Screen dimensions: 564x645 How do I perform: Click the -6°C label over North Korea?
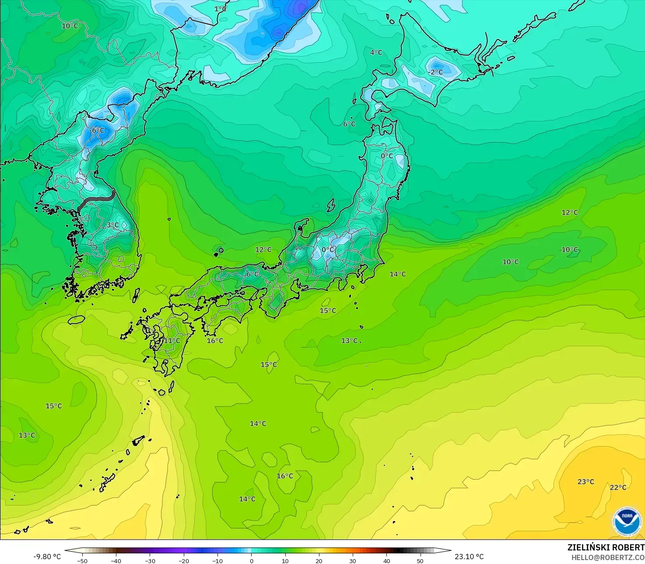(97, 131)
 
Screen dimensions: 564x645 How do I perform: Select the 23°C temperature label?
(585, 482)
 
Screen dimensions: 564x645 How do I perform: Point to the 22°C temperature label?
(618, 488)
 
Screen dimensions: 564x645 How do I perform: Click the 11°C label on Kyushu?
(172, 341)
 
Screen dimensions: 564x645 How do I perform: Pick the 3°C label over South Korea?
(112, 225)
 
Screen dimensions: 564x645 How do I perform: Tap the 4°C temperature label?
(376, 53)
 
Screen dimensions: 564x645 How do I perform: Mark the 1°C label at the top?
(220, 9)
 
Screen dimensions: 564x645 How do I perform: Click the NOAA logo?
(627, 521)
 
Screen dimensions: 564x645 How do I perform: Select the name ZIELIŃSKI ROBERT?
(606, 548)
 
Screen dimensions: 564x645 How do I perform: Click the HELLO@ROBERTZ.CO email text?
(608, 557)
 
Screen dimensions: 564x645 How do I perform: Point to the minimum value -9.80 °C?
(47, 557)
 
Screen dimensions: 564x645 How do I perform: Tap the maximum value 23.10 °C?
(469, 557)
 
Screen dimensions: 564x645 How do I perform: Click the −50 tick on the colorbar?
(82, 560)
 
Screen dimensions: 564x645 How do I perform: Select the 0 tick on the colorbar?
(251, 560)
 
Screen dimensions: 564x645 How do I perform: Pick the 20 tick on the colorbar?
(319, 560)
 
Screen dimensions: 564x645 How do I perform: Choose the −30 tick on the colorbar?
(150, 560)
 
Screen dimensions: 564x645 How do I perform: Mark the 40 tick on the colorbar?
(386, 560)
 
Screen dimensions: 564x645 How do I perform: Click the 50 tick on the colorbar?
(420, 560)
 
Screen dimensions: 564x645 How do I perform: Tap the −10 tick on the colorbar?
(217, 560)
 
